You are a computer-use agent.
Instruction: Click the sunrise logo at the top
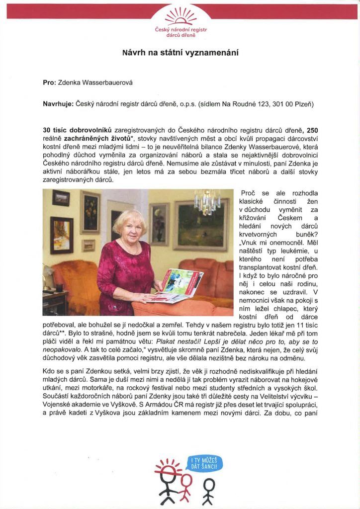[x=180, y=16]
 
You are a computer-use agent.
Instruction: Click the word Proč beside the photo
[x=248, y=193]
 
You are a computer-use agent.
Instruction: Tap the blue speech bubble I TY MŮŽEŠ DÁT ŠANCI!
[x=204, y=465]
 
